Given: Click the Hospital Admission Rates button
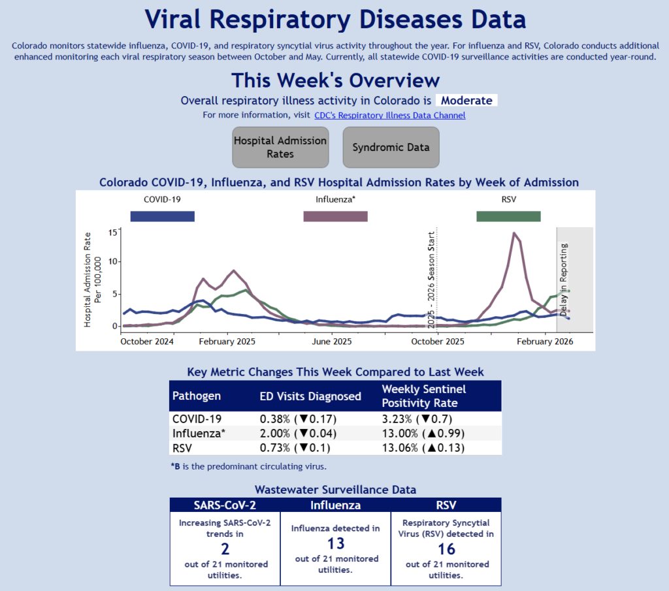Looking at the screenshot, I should point(280,147).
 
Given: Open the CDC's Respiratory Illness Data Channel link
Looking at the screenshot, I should point(390,116).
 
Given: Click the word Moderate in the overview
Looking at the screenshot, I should point(466,101).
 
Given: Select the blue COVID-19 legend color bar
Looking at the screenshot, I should point(162,216).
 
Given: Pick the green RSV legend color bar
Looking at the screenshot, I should point(508,216).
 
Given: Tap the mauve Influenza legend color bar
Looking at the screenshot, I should point(335,216).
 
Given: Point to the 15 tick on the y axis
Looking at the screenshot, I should point(113,232).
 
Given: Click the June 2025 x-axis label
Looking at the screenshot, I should point(332,342).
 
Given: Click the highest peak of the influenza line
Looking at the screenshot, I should point(515,233).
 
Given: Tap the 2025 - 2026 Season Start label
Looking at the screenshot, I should point(431,280).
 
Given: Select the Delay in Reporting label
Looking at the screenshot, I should point(564,280).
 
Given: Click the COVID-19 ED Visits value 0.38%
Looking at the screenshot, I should point(272,419).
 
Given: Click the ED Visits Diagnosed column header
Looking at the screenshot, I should point(310,396).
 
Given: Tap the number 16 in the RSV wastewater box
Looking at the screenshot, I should point(448,549).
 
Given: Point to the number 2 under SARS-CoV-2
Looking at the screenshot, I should point(225,549).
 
